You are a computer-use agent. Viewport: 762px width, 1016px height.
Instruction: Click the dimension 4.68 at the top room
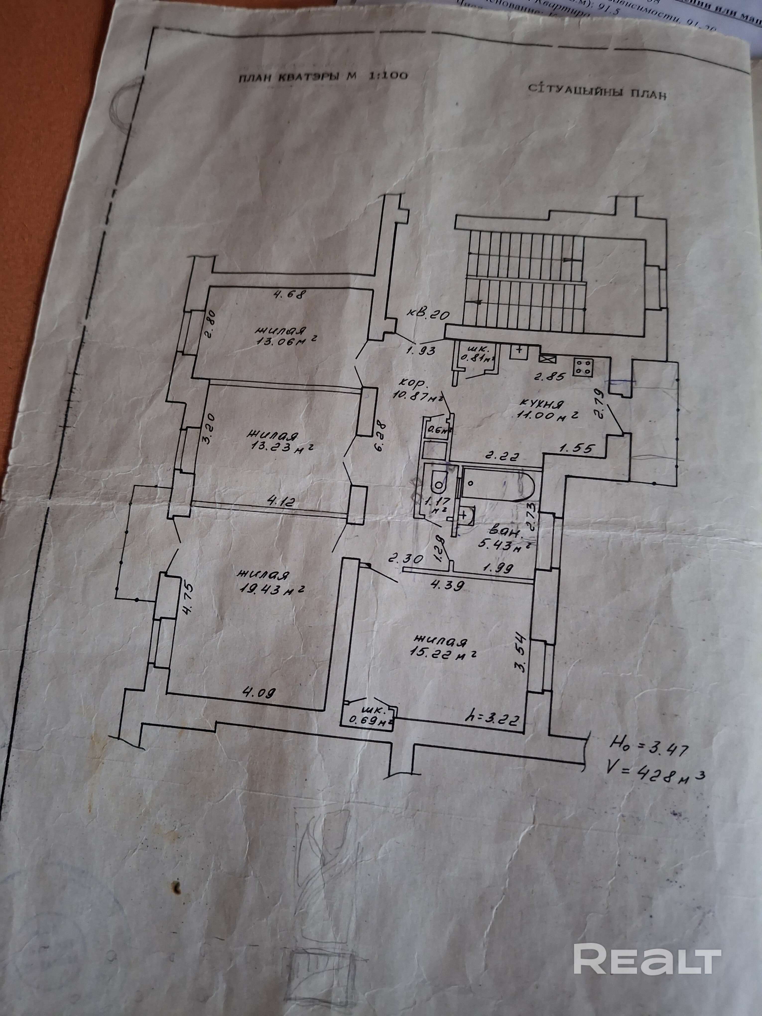(289, 294)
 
